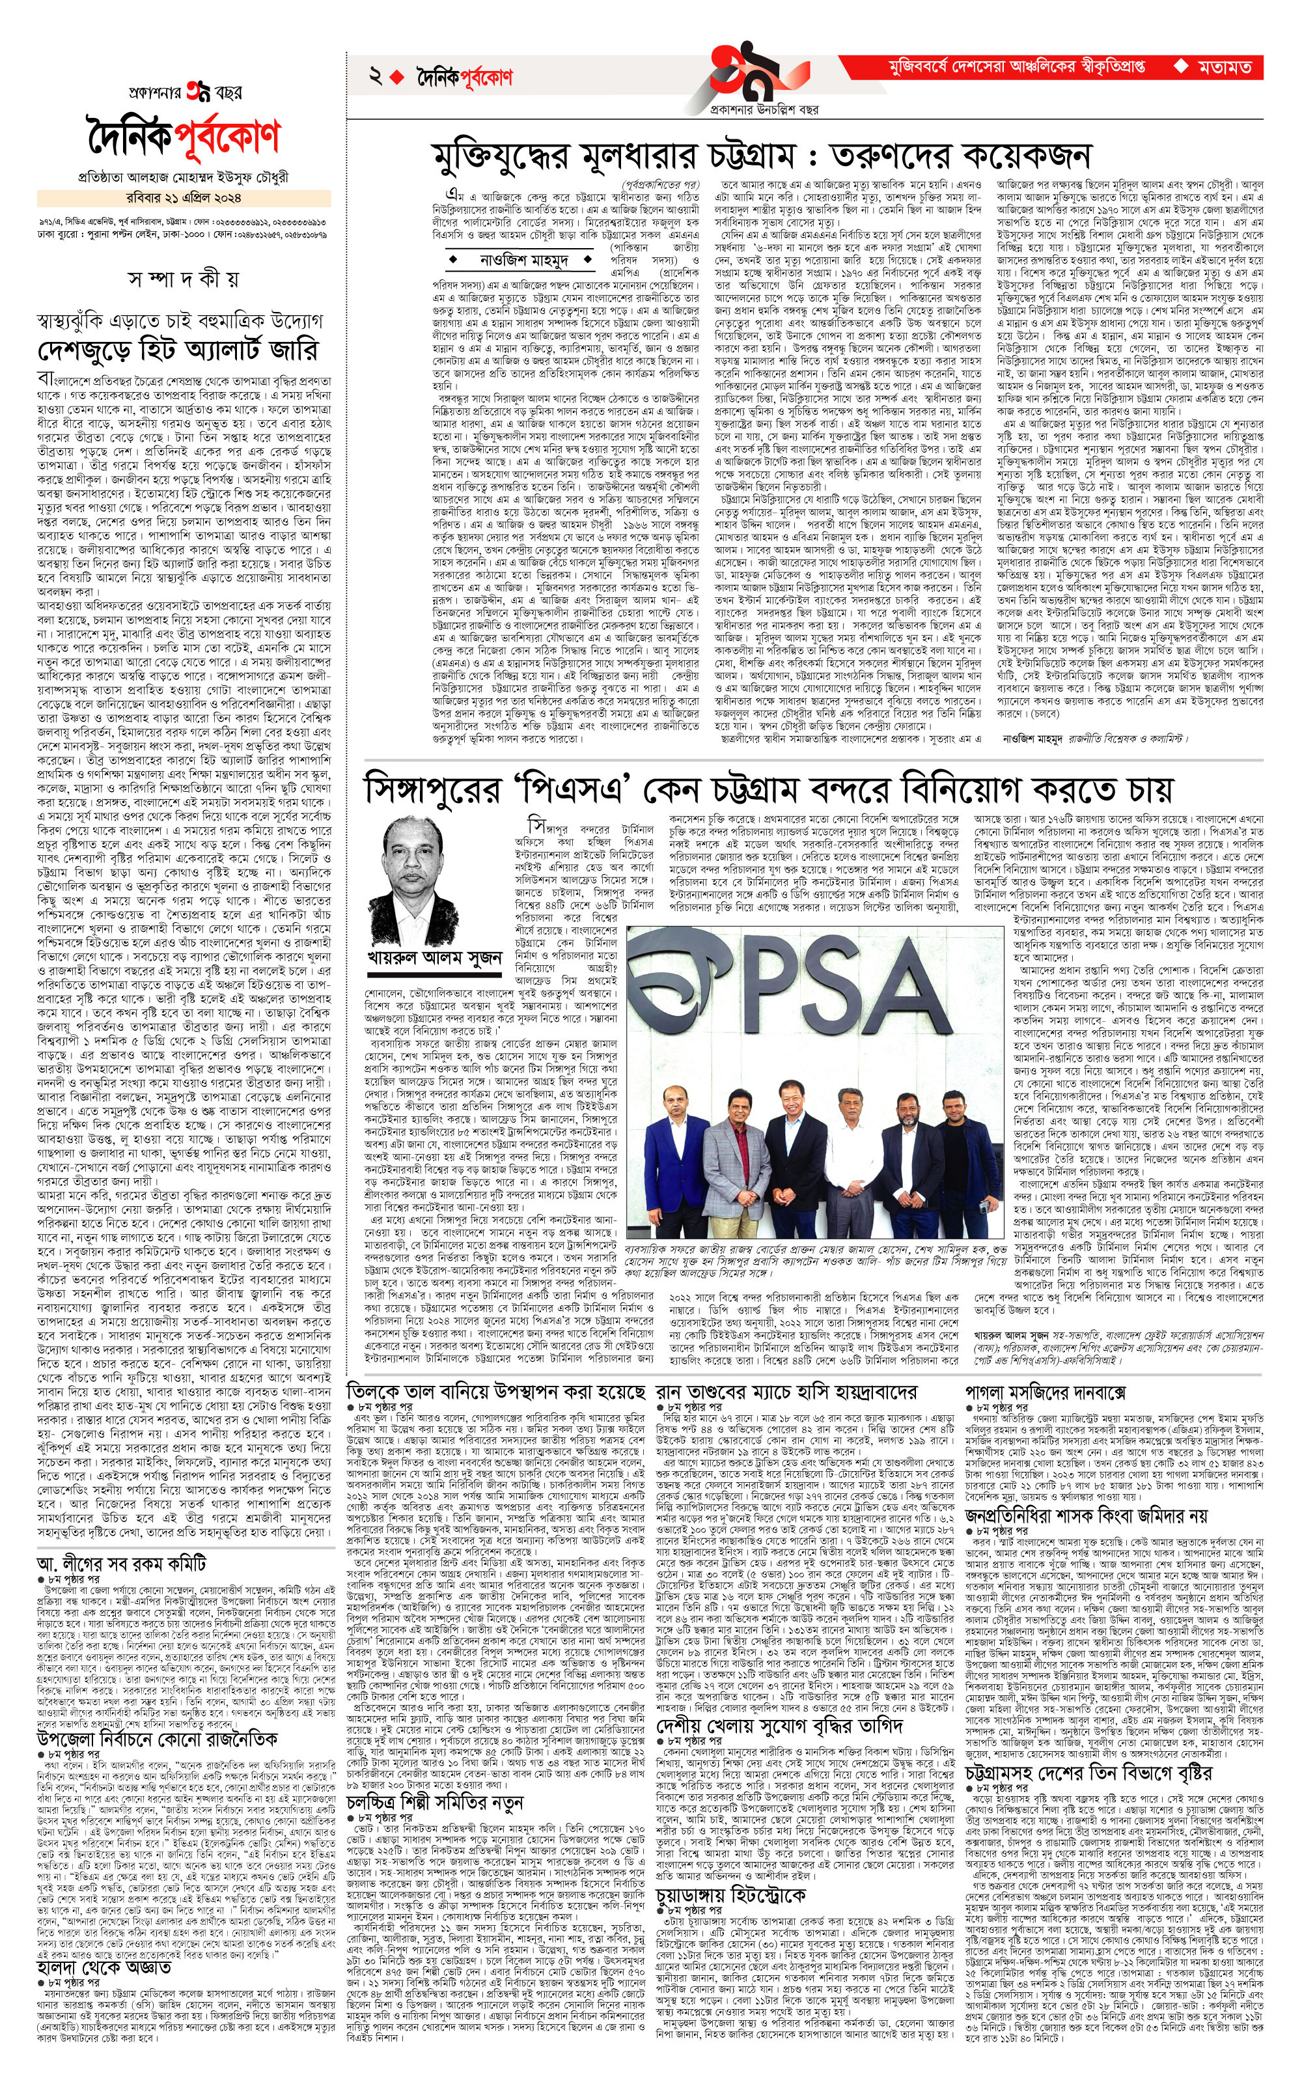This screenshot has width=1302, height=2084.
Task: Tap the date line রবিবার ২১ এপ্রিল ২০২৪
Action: click(x=184, y=197)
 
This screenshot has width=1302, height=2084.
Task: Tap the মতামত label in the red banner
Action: click(x=1224, y=67)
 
